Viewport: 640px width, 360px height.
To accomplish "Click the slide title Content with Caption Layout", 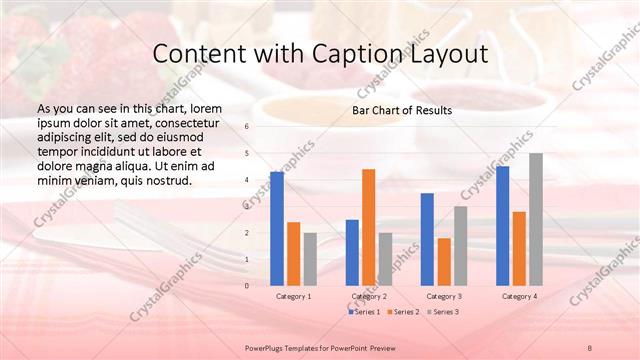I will tap(320, 53).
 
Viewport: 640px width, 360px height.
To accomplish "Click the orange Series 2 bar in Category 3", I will tap(443, 261).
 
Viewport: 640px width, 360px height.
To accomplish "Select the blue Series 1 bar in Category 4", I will tap(502, 225).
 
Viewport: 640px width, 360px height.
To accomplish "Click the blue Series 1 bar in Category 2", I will tap(352, 252).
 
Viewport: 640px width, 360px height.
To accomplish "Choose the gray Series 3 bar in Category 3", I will tap(460, 245).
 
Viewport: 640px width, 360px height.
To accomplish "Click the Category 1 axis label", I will tap(293, 296).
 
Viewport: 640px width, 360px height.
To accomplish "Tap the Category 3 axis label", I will tap(443, 296).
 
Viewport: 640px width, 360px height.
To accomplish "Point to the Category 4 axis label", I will tap(518, 296).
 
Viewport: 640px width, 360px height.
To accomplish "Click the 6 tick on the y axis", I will tap(248, 127).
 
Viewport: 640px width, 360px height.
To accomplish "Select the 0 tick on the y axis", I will tap(248, 285).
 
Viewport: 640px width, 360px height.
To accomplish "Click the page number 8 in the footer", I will tap(590, 346).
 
